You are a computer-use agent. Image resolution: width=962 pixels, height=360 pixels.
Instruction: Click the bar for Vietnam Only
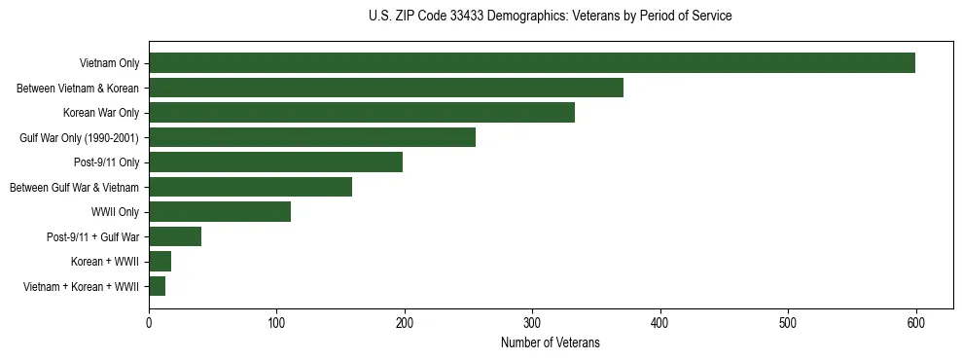tap(531, 63)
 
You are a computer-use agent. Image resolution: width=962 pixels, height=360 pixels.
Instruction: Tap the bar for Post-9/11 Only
tap(275, 162)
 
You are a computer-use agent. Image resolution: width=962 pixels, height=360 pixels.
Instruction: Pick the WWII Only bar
tap(220, 212)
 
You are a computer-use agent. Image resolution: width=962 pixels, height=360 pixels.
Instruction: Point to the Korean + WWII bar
tap(160, 262)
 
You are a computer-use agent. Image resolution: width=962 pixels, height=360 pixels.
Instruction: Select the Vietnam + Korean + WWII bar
tap(158, 286)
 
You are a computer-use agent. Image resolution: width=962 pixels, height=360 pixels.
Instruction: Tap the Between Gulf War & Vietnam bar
tap(250, 187)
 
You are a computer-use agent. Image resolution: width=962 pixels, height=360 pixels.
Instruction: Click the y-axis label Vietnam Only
tap(109, 64)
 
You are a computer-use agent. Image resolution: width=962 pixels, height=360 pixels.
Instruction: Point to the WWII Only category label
tap(115, 212)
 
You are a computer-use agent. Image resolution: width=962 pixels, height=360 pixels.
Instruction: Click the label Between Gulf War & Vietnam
tap(74, 188)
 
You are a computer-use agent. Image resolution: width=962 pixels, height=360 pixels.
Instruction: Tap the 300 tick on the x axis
tap(532, 322)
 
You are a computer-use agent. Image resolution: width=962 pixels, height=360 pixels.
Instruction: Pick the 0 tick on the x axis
tap(149, 322)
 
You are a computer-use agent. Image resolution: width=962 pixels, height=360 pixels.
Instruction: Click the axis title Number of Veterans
tap(550, 342)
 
